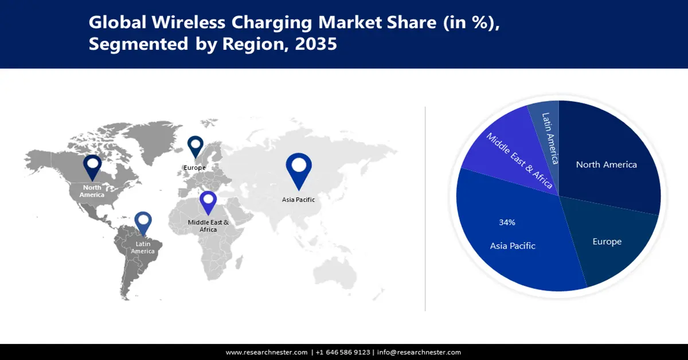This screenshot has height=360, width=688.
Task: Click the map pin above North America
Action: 92,167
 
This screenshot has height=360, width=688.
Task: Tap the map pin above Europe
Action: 196,146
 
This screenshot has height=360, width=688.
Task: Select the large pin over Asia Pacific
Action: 299,169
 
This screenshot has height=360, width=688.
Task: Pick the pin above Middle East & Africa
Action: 208,203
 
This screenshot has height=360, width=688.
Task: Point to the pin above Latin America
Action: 143,224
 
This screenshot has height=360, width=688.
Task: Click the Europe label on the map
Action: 194,167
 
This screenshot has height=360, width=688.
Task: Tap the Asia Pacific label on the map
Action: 298,199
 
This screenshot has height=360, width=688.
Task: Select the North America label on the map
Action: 92,191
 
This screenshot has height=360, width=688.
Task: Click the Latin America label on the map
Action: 143,248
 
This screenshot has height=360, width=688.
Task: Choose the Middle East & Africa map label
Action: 208,225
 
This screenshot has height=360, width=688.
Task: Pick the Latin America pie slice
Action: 549,138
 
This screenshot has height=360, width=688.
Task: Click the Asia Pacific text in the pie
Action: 513,246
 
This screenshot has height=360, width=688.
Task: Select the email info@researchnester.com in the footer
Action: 419,352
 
